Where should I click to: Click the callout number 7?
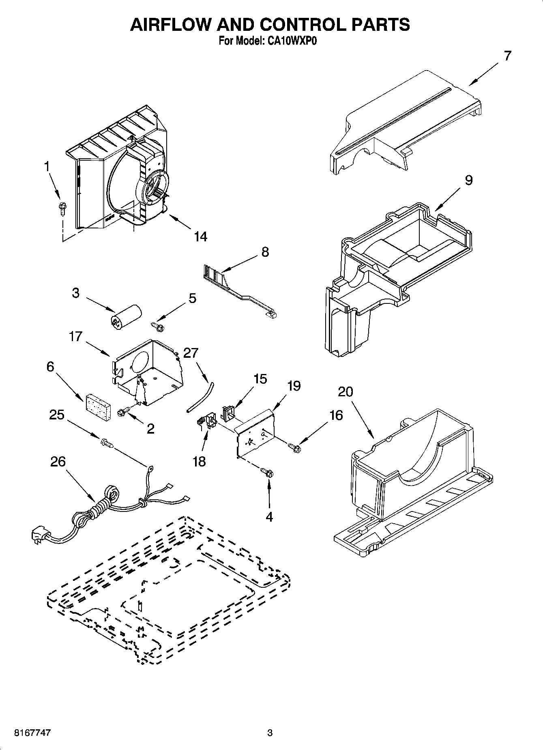507,56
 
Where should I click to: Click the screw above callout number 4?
268,472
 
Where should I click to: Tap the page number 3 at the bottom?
270,733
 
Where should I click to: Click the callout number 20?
345,391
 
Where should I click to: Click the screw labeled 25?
107,443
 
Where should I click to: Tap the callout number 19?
294,386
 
